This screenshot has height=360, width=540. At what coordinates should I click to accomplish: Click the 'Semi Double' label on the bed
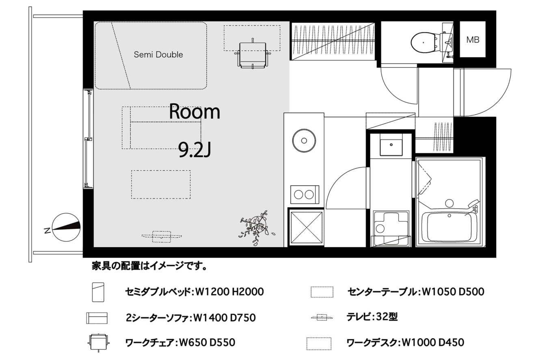[x=158, y=55]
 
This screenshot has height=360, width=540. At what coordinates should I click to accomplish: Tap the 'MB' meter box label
[x=473, y=40]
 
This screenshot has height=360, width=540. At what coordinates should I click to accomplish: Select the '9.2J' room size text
[x=194, y=150]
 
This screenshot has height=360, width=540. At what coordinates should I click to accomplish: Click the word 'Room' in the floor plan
[x=194, y=112]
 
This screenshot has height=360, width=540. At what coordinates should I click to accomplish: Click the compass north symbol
[x=66, y=227]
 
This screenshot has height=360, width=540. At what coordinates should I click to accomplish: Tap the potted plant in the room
[x=257, y=227]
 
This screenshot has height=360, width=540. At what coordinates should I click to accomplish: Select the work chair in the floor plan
[x=253, y=54]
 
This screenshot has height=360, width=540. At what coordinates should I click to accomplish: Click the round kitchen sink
[x=304, y=140]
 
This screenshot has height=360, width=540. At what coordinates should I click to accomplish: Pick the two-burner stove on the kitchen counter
[x=305, y=194]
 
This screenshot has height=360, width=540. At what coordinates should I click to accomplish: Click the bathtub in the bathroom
[x=449, y=227]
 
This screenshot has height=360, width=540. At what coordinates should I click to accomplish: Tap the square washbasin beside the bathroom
[x=391, y=144]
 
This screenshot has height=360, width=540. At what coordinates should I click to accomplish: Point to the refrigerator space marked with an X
[x=306, y=227]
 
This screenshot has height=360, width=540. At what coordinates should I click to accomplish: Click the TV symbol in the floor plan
[x=162, y=236]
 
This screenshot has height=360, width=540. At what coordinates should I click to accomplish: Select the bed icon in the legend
[x=98, y=292]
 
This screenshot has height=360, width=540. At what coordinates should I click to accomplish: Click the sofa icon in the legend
[x=97, y=318]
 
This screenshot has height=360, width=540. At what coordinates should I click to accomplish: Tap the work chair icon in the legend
[x=98, y=343]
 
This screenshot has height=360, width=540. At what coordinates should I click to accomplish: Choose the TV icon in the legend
[x=322, y=317]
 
